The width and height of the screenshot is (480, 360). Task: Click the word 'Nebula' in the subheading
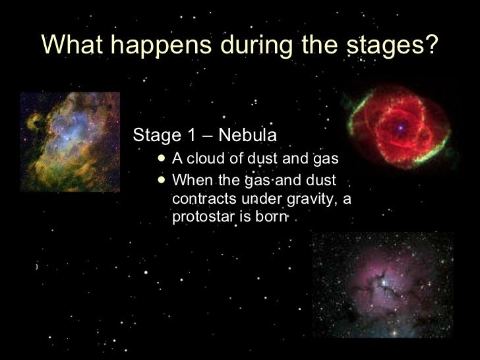tap(249, 136)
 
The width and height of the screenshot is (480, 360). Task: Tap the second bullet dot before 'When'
tap(162, 180)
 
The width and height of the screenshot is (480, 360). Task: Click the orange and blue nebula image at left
tap(69, 142)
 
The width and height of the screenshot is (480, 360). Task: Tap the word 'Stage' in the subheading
tap(156, 136)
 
